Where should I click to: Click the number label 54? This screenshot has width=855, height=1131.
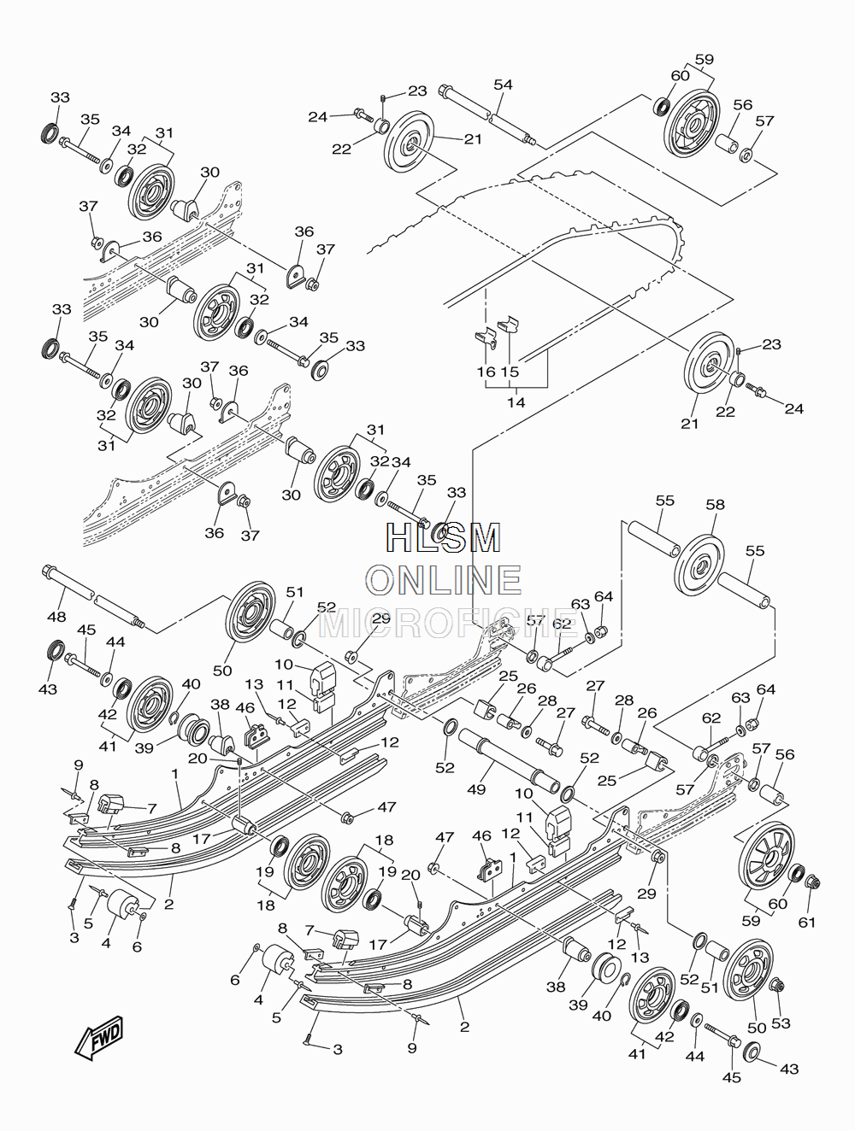[504, 85]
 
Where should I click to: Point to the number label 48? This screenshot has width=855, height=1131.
[56, 616]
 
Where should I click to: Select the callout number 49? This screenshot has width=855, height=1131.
[476, 788]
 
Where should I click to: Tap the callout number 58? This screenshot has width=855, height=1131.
[716, 505]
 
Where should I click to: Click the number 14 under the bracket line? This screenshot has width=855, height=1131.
[516, 401]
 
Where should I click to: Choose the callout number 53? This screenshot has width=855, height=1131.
[781, 1023]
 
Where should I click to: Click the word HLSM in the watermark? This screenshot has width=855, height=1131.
[444, 537]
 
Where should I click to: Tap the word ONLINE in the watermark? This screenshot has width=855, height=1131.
[444, 579]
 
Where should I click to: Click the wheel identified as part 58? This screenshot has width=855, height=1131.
[699, 567]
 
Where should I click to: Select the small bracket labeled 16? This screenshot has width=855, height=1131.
[486, 338]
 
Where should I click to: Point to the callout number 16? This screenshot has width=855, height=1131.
[486, 372]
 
